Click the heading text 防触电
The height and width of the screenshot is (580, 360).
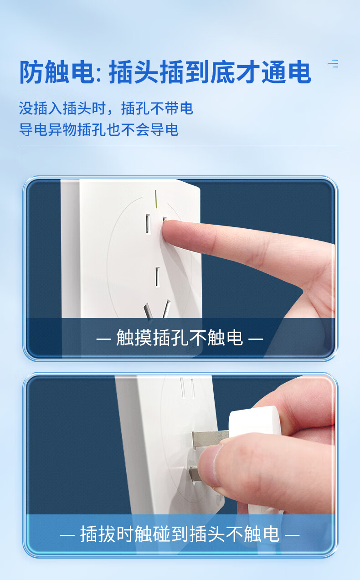point(57,72)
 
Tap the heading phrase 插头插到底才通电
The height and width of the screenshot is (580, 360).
point(210,72)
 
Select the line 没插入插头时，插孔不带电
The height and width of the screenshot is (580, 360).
point(106,108)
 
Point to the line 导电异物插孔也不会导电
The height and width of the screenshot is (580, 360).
point(99,129)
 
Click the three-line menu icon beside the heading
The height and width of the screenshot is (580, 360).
point(333,63)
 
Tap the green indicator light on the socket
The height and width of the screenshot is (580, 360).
point(156,199)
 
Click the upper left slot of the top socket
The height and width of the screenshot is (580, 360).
point(148,224)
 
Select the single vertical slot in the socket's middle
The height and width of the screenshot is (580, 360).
point(158,277)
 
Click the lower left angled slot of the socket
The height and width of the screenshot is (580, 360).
point(148,311)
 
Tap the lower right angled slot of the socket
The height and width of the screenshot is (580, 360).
point(167,308)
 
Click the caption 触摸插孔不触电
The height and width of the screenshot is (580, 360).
point(180,338)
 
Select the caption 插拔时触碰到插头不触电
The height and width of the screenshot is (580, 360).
point(180,534)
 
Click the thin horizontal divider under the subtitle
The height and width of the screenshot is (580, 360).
point(179,146)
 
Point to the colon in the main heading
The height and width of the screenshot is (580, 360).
point(99,75)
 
